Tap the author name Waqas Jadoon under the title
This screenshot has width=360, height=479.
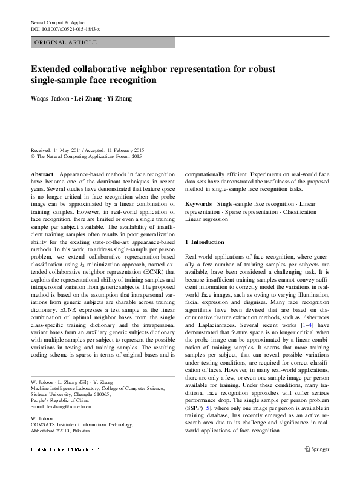(51, 98)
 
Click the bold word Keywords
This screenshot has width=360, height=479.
(198, 204)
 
